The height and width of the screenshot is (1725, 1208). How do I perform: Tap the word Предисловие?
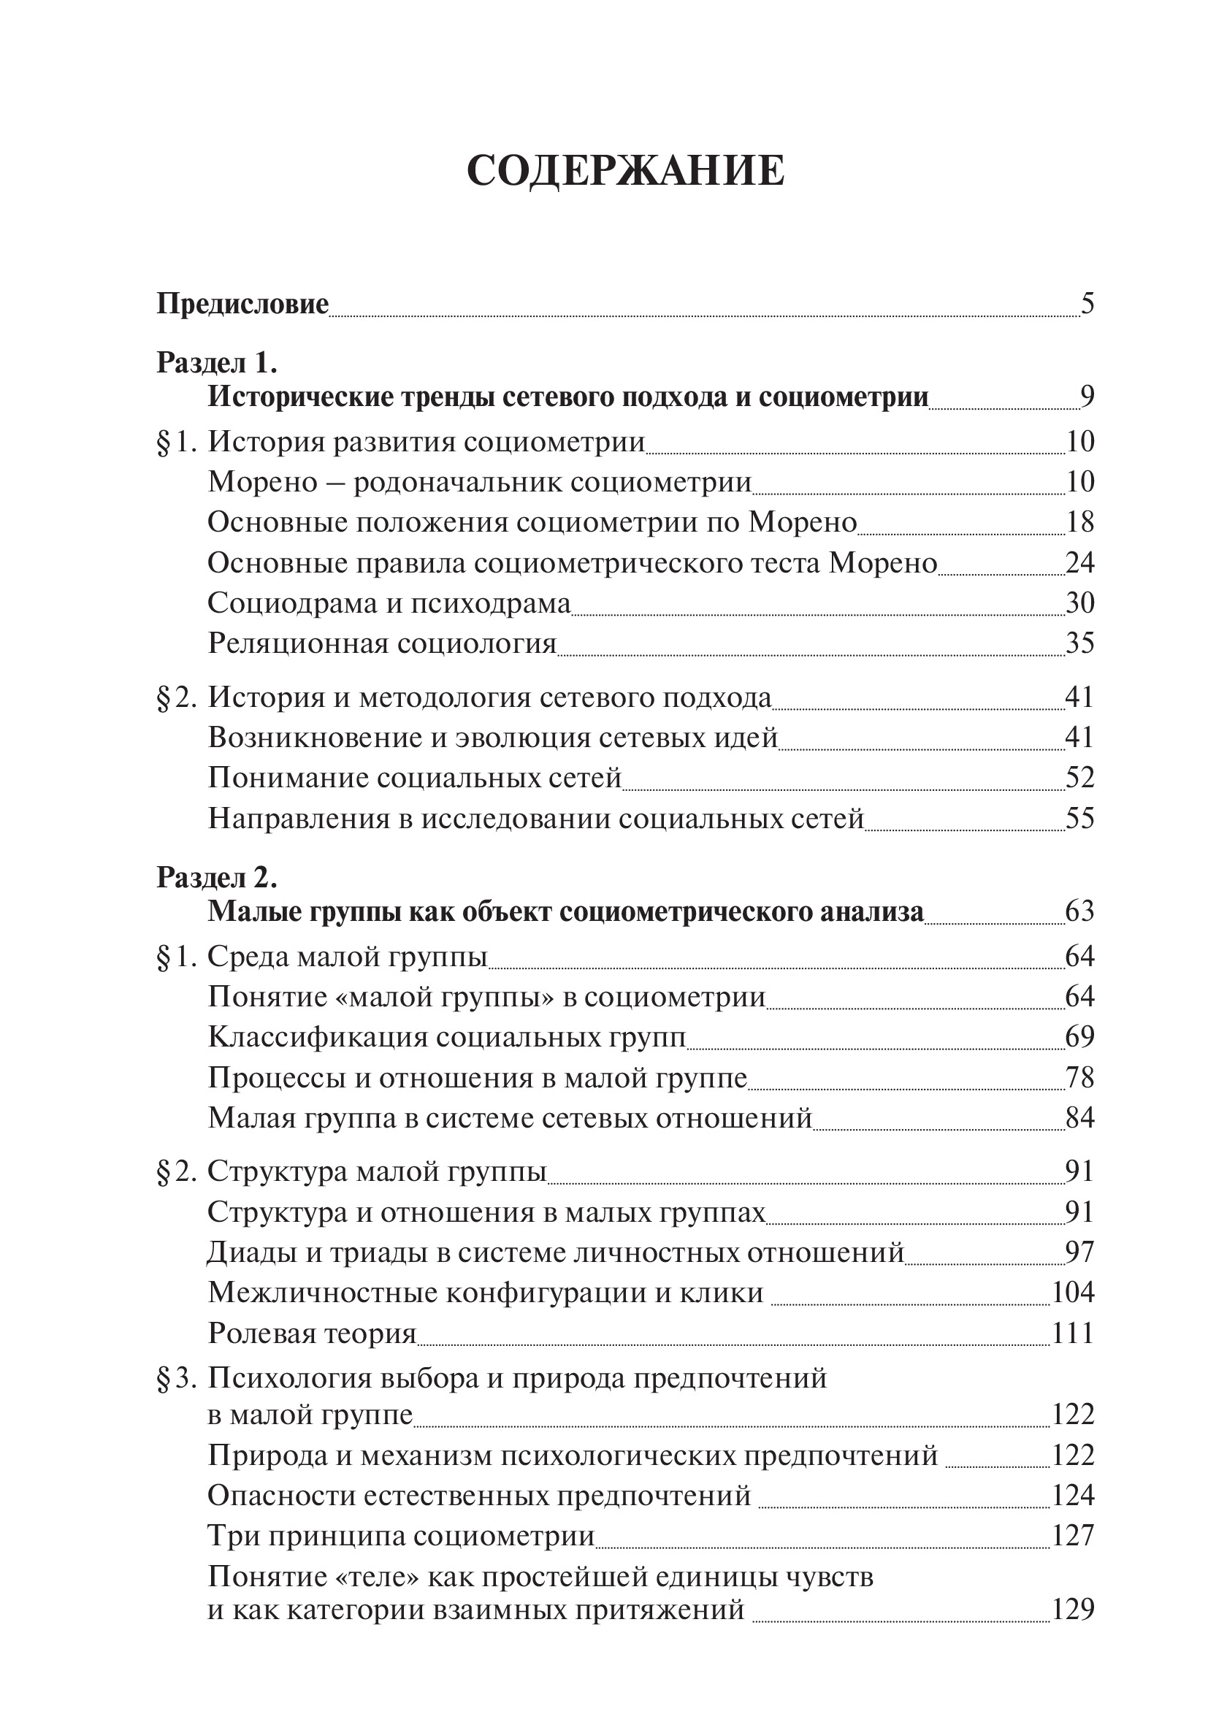(242, 305)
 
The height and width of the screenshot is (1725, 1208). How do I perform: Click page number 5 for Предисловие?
(1086, 305)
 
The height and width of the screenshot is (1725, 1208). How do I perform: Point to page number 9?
(1086, 397)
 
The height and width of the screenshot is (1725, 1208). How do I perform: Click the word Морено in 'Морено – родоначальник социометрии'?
(263, 481)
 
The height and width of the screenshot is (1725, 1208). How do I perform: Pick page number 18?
(1079, 522)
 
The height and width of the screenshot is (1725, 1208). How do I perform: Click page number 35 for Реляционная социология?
(1079, 643)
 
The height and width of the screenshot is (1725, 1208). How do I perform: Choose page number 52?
(1079, 778)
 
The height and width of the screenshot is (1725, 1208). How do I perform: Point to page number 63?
(1079, 911)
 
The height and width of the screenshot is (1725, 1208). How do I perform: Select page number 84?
(1079, 1119)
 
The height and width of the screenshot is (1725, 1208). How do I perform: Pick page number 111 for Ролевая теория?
(1073, 1334)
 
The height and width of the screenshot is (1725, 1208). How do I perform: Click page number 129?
(1073, 1610)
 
